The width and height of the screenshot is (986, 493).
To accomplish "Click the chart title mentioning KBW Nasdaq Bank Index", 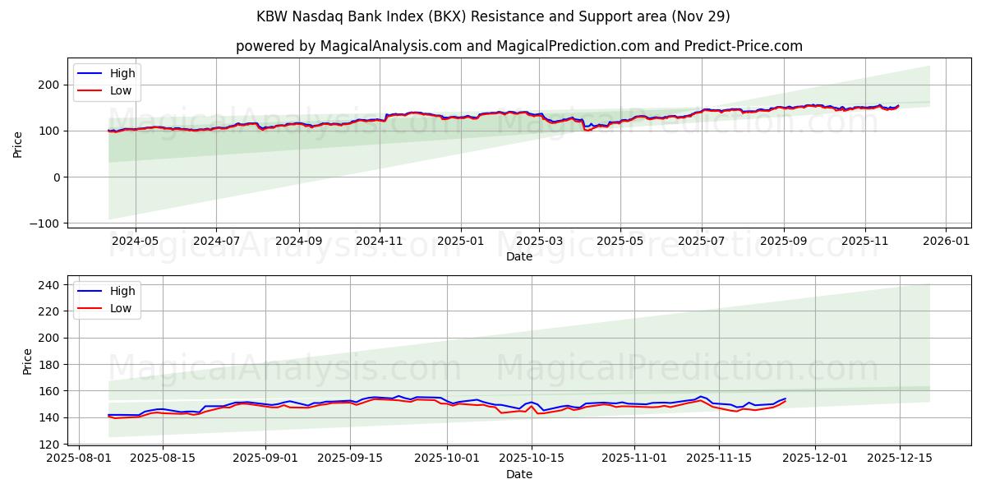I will point(493,16).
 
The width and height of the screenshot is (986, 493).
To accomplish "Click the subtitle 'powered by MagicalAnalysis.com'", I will point(348,46).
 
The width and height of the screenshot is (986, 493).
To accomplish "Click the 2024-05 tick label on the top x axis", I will point(135,241).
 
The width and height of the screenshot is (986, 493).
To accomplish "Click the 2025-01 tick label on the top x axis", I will point(460,241).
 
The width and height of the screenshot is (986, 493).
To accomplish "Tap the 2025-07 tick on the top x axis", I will point(701,241).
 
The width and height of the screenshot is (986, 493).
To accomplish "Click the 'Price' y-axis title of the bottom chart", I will point(28,361).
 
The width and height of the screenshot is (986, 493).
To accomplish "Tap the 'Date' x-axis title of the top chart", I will point(518,256).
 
